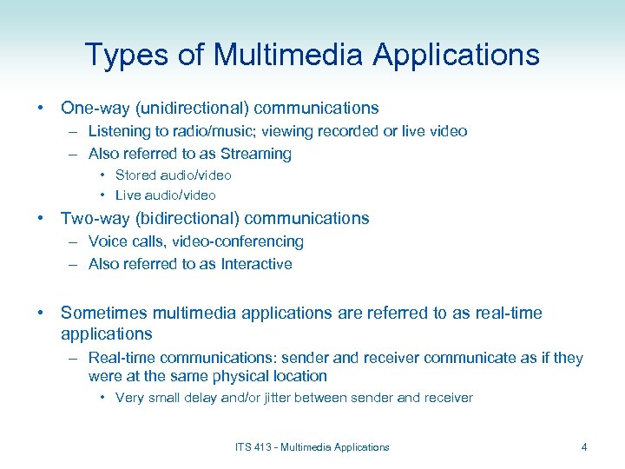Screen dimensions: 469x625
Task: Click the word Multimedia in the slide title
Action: (x=289, y=55)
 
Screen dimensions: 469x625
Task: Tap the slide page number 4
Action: (x=584, y=447)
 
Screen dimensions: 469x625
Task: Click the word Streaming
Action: (x=256, y=154)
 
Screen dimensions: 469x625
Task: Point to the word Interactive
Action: (x=256, y=264)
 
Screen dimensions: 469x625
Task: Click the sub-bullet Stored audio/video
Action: (x=173, y=175)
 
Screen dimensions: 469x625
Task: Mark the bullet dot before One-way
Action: (x=42, y=109)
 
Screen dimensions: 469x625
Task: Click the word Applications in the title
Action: (x=457, y=55)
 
